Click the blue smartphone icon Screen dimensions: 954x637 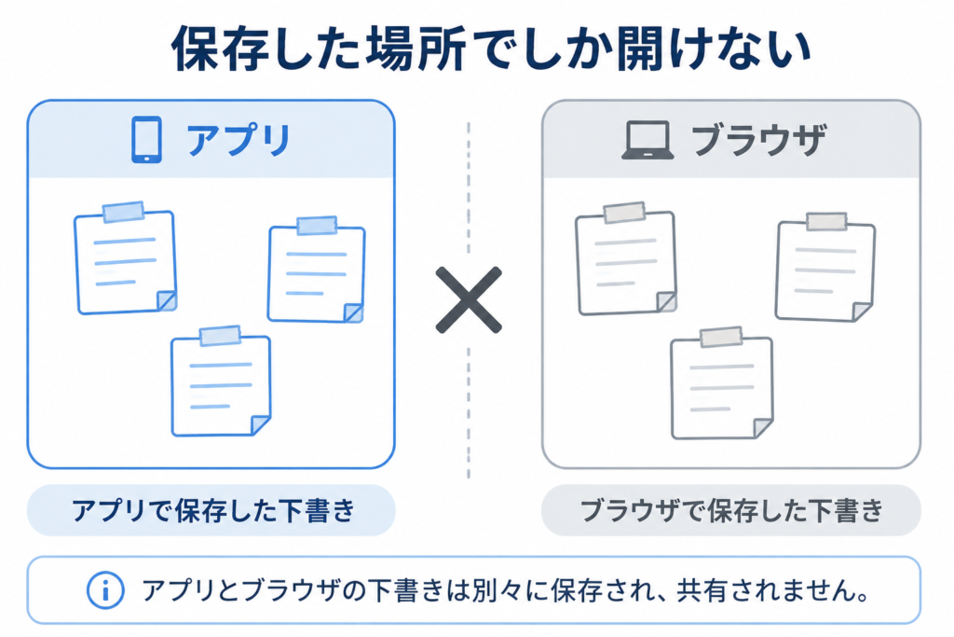pyautogui.click(x=146, y=140)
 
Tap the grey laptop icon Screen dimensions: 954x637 pyautogui.click(x=647, y=141)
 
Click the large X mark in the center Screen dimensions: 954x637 pyautogui.click(x=469, y=299)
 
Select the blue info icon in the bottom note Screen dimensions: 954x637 pyautogui.click(x=105, y=590)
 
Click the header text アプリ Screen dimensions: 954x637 pyautogui.click(x=238, y=140)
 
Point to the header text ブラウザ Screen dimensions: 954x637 pyautogui.click(x=758, y=140)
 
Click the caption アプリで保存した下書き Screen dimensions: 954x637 pyautogui.click(x=213, y=510)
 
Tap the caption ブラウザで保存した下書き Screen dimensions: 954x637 pyautogui.click(x=731, y=510)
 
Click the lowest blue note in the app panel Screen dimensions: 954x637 pyautogui.click(x=221, y=381)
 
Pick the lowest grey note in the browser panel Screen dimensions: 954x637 pyautogui.click(x=722, y=383)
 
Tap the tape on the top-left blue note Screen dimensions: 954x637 pyautogui.click(x=124, y=212)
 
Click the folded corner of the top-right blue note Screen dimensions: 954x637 pyautogui.click(x=353, y=312)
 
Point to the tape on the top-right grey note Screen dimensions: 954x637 pyautogui.click(x=826, y=221)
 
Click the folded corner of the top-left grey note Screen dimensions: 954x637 pyautogui.click(x=667, y=302)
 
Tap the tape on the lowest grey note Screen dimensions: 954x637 pyautogui.click(x=721, y=337)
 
